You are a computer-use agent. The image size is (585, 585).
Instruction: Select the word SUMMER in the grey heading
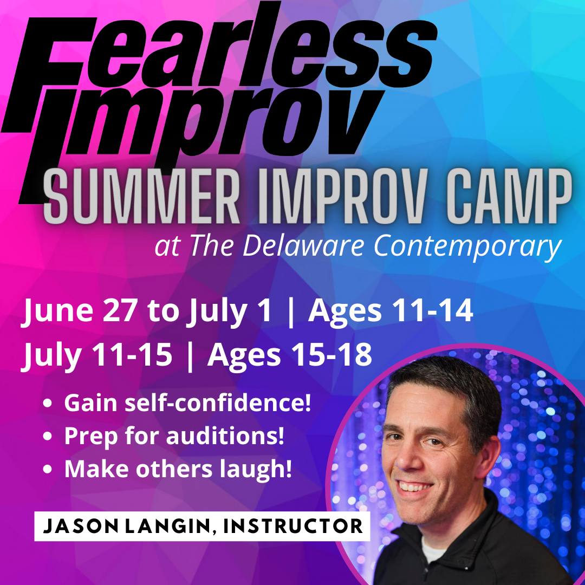[141, 196]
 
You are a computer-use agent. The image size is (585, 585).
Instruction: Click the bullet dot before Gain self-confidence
[47, 404]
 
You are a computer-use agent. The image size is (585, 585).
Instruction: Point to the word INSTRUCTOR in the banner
[293, 526]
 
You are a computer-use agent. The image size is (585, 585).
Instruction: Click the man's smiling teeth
[414, 486]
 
